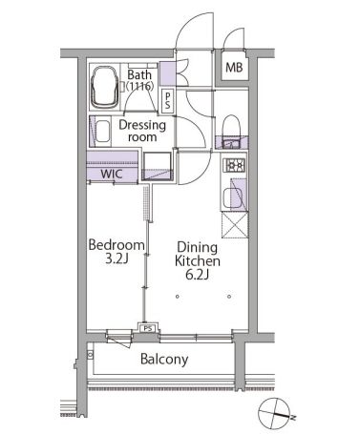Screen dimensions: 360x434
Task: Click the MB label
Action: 234,68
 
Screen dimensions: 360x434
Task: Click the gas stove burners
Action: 235,165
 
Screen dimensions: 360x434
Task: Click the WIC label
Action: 112,174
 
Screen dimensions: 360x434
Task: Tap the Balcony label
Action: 164,360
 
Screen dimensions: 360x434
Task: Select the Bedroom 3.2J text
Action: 116,252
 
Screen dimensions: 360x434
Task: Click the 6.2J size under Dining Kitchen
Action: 197,275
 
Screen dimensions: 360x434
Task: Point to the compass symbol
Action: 274,414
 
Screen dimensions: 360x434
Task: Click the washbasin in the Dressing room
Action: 102,131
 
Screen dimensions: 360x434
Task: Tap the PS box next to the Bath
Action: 168,101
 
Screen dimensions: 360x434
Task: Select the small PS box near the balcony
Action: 148,328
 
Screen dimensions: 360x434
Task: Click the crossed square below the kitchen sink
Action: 235,225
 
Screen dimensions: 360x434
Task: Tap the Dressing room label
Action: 142,131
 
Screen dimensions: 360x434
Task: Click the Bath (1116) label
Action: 139,80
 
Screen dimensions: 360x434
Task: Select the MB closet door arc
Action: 232,34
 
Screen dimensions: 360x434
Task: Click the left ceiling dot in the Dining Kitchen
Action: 178,297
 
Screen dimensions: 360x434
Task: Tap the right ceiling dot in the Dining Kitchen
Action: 229,297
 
